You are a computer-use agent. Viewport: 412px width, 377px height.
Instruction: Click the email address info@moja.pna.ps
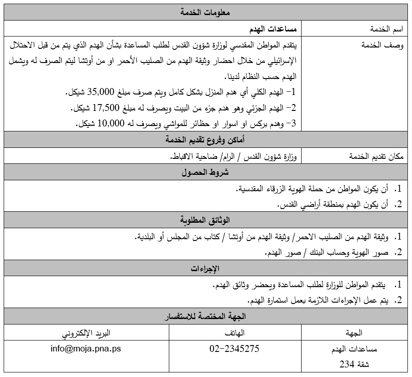click(x=86, y=349)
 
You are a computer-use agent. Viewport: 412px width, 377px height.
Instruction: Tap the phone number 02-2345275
click(x=235, y=349)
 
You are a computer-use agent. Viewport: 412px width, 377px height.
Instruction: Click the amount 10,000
click(x=105, y=123)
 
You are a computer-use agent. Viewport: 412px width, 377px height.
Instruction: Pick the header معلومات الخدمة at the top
click(x=205, y=13)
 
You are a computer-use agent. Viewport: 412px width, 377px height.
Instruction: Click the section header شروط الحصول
click(x=205, y=173)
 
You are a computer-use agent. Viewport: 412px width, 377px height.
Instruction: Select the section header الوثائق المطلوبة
click(x=205, y=220)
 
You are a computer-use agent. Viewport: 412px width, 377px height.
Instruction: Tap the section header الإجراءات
click(x=205, y=268)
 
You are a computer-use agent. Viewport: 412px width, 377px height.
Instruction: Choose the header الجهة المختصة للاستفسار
click(x=205, y=316)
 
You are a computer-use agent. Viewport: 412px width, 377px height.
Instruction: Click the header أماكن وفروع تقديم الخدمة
click(x=205, y=140)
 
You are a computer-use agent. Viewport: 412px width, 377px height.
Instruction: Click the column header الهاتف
click(x=235, y=332)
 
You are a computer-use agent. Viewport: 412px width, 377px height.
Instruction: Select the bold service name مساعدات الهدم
click(x=273, y=29)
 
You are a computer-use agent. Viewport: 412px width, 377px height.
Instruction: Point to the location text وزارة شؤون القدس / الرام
click(x=259, y=157)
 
